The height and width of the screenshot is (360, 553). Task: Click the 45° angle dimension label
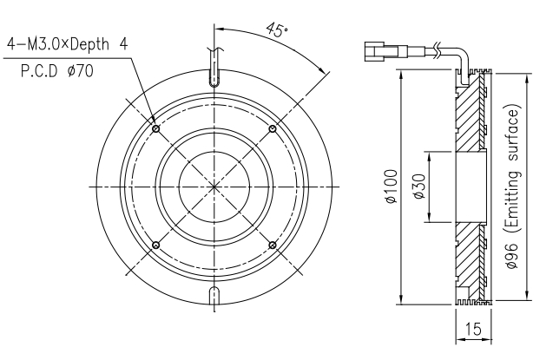point(277,30)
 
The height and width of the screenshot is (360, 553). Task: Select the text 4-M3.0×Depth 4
point(68,44)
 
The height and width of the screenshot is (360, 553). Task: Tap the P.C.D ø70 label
point(57,71)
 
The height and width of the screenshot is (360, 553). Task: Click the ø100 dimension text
point(392,187)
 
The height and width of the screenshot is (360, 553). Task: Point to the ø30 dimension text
point(419,187)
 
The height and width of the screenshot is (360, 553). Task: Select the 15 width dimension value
point(473,329)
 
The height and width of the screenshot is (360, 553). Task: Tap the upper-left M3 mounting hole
point(156,128)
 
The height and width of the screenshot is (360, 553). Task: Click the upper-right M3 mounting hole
point(273,129)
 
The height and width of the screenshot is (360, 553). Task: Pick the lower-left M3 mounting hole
point(156,245)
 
